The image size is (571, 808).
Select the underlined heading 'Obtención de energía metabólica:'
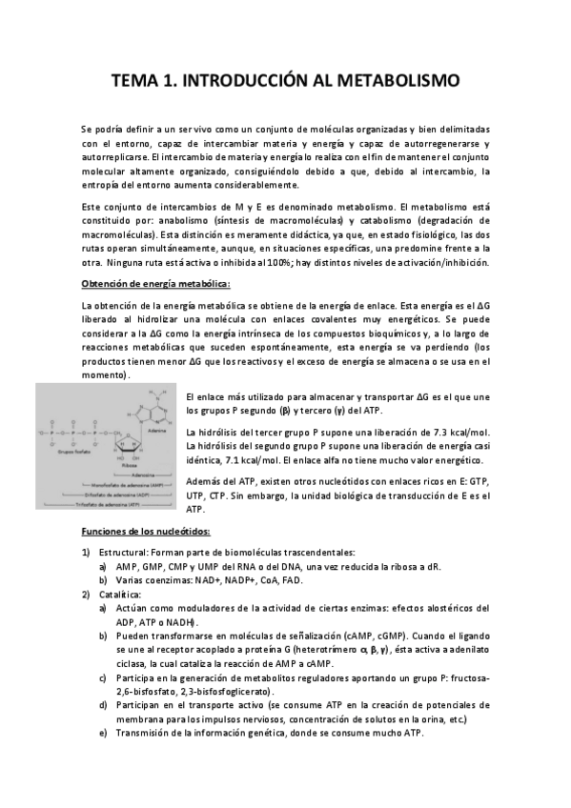(155, 284)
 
